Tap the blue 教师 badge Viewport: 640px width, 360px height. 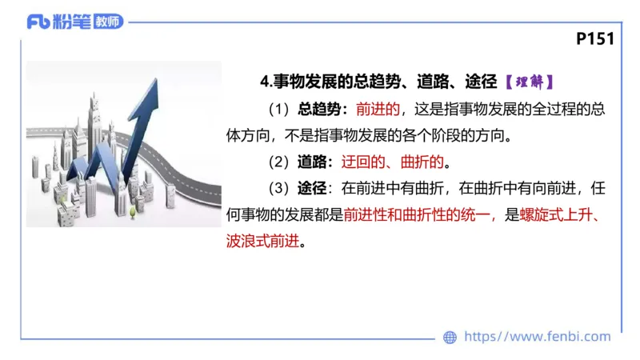(x=109, y=22)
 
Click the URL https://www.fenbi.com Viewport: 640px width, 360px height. (x=538, y=337)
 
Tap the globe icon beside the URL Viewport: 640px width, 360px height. (x=450, y=337)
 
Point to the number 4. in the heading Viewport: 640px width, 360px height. (x=266, y=82)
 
